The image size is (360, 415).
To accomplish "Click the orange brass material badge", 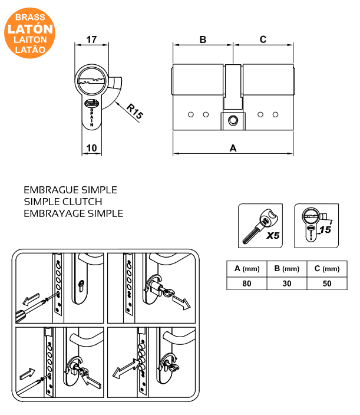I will pyautogui.click(x=30, y=30).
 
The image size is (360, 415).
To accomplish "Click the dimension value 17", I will pyautogui.click(x=91, y=39).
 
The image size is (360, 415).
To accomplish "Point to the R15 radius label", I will pyautogui.click(x=135, y=111).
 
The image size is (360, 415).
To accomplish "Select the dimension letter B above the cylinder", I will pyautogui.click(x=203, y=39).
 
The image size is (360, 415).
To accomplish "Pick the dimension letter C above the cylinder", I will pyautogui.click(x=263, y=39).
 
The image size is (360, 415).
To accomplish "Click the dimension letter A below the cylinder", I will pyautogui.click(x=233, y=149).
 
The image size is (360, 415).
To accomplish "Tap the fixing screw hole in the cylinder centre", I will pyautogui.click(x=233, y=121).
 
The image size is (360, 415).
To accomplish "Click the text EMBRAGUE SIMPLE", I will pyautogui.click(x=70, y=190).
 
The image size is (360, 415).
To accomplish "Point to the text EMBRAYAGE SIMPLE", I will pyautogui.click(x=74, y=213).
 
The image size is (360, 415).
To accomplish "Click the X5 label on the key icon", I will pyautogui.click(x=272, y=236).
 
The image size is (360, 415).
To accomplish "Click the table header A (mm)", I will pyautogui.click(x=247, y=269).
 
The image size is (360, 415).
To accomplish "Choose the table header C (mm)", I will pyautogui.click(x=326, y=269).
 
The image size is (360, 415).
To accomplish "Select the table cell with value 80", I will pyautogui.click(x=247, y=284).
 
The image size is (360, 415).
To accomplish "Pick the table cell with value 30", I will pyautogui.click(x=287, y=284).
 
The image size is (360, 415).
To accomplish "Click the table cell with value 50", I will pyautogui.click(x=326, y=284).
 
